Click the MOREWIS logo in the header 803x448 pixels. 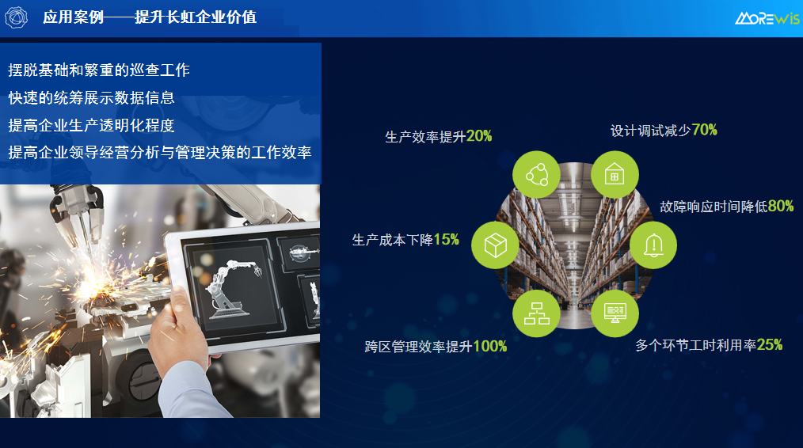tap(767, 18)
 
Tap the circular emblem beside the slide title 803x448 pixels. tap(17, 17)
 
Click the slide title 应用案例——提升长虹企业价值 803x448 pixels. tap(150, 17)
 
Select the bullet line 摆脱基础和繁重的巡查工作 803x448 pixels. tap(99, 70)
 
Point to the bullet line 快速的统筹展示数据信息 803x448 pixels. tap(91, 98)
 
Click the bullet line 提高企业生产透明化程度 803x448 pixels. tap(91, 125)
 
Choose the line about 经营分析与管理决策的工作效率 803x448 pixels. tap(160, 153)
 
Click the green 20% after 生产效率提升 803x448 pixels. tap(479, 136)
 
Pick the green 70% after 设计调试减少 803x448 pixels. tap(704, 130)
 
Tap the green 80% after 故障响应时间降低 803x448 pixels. tap(781, 207)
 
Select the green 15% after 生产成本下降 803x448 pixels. tap(446, 240)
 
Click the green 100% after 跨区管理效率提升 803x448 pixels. tap(489, 347)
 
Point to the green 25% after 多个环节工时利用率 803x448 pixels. tap(770, 345)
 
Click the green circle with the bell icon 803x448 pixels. tap(653, 245)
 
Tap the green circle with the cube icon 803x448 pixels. tap(495, 245)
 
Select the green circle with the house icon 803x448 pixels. tap(615, 175)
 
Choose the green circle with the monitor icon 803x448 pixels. tap(615, 313)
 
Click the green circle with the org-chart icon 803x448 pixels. tap(536, 313)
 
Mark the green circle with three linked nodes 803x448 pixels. tap(536, 175)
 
